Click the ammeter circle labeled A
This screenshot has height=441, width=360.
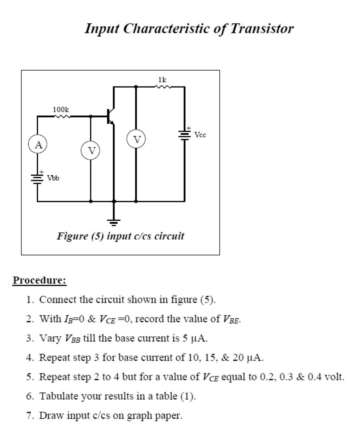tap(38, 144)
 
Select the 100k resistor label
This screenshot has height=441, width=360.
tap(61, 109)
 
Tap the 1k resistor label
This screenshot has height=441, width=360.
tap(162, 80)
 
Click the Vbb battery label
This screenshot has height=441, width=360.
tap(53, 178)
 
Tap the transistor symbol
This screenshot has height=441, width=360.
tap(111, 116)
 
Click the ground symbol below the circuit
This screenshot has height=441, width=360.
tap(114, 222)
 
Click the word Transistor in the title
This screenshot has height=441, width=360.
tap(262, 28)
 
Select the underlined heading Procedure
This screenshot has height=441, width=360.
tap(40, 280)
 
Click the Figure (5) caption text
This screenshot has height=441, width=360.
tap(120, 236)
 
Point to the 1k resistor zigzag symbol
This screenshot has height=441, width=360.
tap(163, 86)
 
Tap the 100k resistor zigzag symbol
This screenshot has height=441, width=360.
tap(62, 116)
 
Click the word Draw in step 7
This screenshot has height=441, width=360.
tap(51, 415)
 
